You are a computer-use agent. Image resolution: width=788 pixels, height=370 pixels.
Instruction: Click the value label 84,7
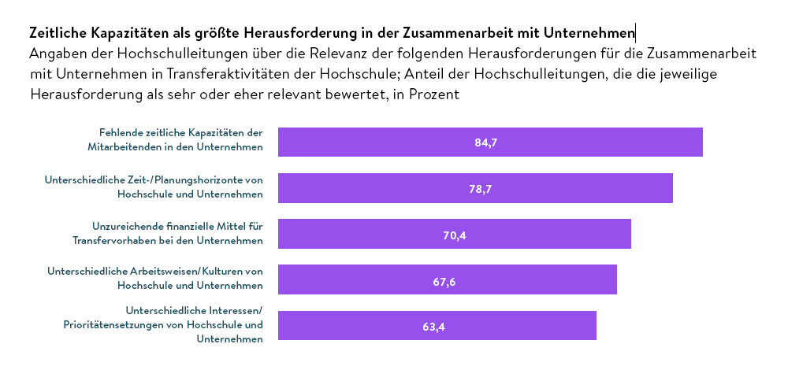tap(486, 142)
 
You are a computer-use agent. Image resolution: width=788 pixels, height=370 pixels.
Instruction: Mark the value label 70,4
tap(455, 234)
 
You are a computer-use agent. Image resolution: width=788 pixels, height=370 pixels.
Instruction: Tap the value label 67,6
tap(444, 279)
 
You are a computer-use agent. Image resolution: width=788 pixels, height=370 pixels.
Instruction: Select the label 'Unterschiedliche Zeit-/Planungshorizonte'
tap(154, 187)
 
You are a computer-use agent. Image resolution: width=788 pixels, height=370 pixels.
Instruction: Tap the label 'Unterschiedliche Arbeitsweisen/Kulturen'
tap(155, 278)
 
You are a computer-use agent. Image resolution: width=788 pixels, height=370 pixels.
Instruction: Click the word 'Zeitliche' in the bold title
tap(58, 33)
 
